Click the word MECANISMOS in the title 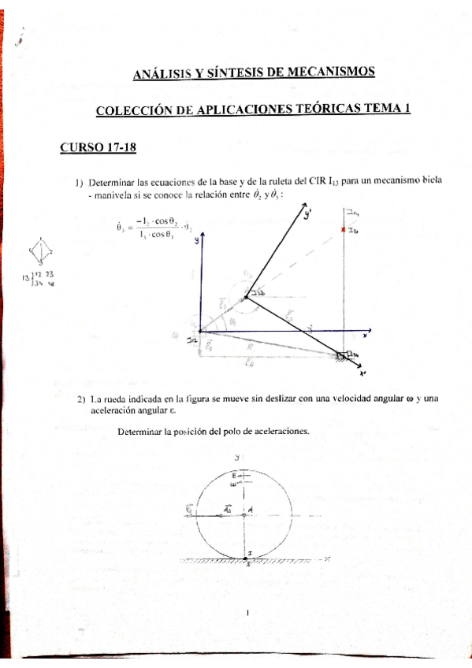tap(329, 72)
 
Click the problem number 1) tap(79, 180)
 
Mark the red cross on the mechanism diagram tap(343, 229)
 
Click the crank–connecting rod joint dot tap(247, 296)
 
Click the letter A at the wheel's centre tap(250, 510)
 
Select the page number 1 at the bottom tap(247, 612)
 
